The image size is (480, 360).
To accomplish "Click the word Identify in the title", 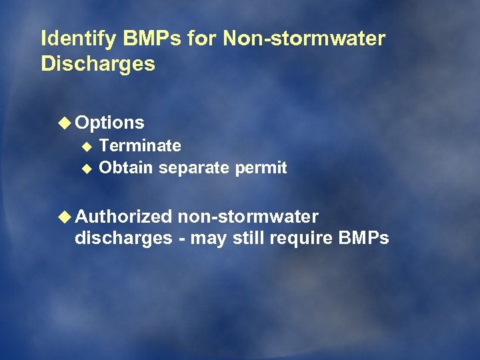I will [79, 39].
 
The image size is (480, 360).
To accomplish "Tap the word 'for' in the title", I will [202, 39].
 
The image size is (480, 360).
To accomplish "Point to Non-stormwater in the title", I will [304, 39].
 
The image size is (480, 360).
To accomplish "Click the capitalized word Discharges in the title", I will [97, 64].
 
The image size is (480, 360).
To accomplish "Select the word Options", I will [110, 123].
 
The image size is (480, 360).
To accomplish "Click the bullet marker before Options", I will [65, 123].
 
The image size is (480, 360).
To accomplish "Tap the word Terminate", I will [140, 145].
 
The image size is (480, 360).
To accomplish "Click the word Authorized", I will [124, 217].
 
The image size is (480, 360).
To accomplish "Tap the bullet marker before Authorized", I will [65, 217].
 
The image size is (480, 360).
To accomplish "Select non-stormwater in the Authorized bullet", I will [248, 217].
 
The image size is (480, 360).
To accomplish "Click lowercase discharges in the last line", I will [123, 238].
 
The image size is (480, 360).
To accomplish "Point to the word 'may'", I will [209, 239].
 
